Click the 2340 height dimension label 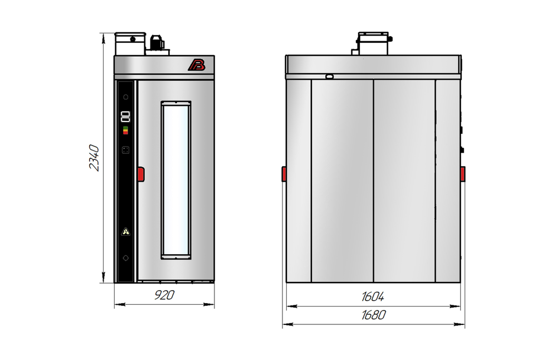click(x=94, y=158)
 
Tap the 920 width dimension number click(x=164, y=295)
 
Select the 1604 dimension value click(x=373, y=296)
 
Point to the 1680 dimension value click(x=373, y=315)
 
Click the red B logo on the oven click(x=197, y=65)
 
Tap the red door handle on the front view click(x=141, y=174)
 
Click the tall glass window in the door click(x=176, y=180)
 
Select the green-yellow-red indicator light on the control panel click(x=125, y=130)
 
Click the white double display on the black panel click(x=125, y=116)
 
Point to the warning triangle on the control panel click(x=126, y=232)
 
